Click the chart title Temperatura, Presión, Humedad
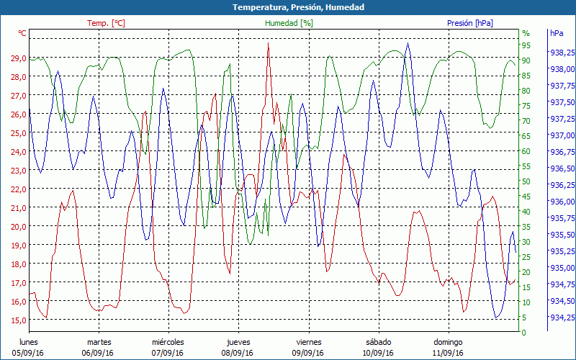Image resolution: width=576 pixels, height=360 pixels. pyautogui.click(x=288, y=7)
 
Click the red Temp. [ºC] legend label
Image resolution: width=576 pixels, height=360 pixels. pyautogui.click(x=106, y=23)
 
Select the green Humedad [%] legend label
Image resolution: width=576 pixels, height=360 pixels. pyautogui.click(x=289, y=23)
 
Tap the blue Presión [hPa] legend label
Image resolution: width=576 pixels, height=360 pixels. pyautogui.click(x=469, y=23)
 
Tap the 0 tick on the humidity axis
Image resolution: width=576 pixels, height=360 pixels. pyautogui.click(x=523, y=333)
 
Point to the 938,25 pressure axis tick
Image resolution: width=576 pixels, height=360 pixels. pyautogui.click(x=562, y=53)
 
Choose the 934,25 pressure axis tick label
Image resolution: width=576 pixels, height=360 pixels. pyautogui.click(x=562, y=318)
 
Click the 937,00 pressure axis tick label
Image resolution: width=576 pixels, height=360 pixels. pyautogui.click(x=562, y=135)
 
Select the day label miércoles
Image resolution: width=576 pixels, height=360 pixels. pyautogui.click(x=168, y=342)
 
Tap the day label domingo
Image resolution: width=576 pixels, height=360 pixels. pyautogui.click(x=450, y=342)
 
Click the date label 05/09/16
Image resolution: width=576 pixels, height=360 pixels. pyautogui.click(x=28, y=353)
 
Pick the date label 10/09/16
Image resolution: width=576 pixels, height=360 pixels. pyautogui.click(x=378, y=353)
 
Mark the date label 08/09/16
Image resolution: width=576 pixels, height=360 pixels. pyautogui.click(x=238, y=353)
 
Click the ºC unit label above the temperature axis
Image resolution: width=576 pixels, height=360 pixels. pyautogui.click(x=22, y=33)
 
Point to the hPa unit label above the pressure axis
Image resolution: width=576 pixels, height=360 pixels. pyautogui.click(x=557, y=33)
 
